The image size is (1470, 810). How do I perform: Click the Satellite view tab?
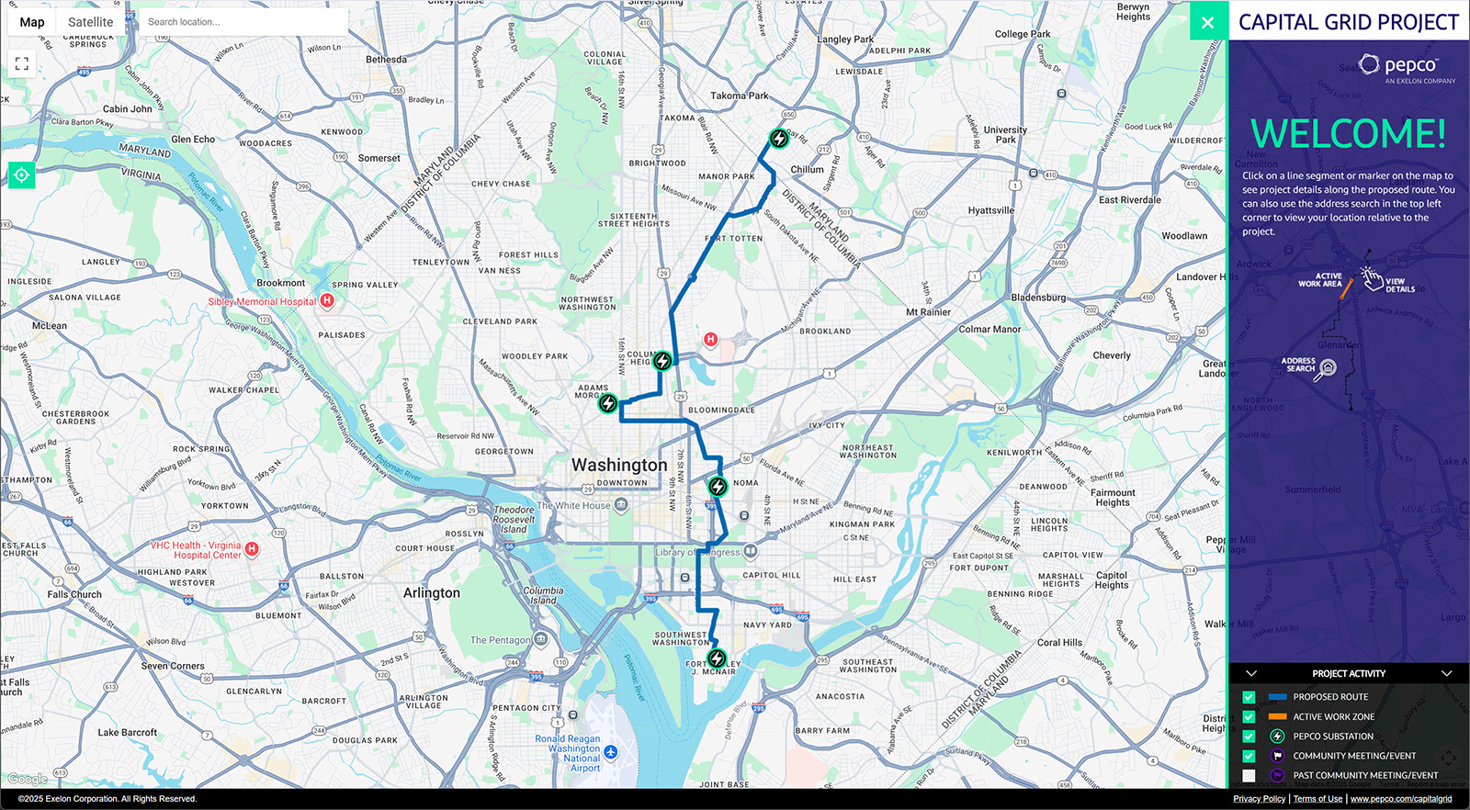tap(90, 22)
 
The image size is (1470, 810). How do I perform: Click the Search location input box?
tap(243, 22)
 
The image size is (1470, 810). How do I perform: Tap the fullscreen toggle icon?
tap(22, 63)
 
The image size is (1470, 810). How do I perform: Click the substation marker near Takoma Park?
tap(779, 139)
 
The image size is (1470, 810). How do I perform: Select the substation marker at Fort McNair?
tap(717, 658)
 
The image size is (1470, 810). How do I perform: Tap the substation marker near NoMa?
tap(718, 486)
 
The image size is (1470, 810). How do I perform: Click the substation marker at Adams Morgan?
tap(608, 403)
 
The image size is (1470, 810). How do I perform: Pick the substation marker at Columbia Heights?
tap(662, 361)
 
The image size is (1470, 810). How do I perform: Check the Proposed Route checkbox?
tap(1249, 697)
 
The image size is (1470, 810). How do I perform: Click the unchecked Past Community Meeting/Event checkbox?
tap(1249, 775)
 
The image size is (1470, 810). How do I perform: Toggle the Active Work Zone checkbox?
tap(1249, 716)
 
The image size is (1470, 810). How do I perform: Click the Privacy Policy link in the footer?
tap(1259, 799)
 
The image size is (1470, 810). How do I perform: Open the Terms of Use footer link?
tap(1317, 799)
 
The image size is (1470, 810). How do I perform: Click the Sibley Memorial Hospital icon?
tap(327, 300)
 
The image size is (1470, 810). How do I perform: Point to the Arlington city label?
tap(432, 593)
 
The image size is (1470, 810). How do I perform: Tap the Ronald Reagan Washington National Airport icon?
tap(611, 752)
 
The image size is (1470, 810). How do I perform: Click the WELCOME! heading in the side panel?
tap(1348, 134)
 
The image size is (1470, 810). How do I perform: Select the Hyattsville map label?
tap(991, 210)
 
